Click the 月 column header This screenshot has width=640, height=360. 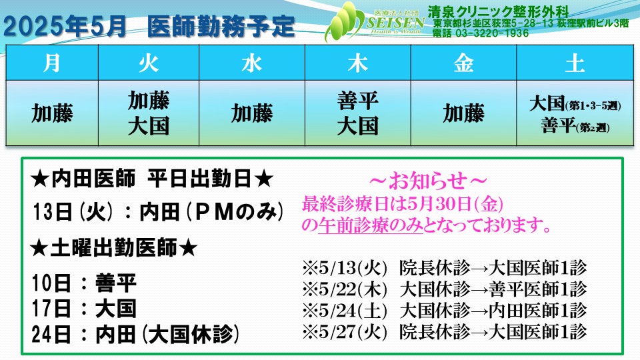click(x=52, y=63)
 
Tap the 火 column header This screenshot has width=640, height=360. click(x=149, y=63)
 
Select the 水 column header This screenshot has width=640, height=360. click(x=252, y=63)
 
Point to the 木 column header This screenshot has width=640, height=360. click(x=357, y=63)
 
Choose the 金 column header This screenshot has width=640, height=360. click(x=464, y=63)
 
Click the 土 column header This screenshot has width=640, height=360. click(x=575, y=63)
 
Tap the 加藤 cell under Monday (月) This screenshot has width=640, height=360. click(x=52, y=113)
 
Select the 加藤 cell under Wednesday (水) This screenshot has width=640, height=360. click(x=252, y=113)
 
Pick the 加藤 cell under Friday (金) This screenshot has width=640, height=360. click(x=464, y=113)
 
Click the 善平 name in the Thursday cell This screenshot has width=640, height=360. click(x=357, y=101)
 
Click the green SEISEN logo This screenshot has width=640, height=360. click(x=375, y=21)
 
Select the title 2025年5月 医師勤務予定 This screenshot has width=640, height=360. click(x=149, y=26)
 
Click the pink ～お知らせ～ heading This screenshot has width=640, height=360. click(x=428, y=181)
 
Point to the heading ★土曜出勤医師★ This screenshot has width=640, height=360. click(x=114, y=248)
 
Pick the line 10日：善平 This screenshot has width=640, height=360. click(x=84, y=283)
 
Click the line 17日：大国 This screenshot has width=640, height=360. click(x=84, y=309)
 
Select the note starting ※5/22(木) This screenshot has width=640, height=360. click(x=445, y=289)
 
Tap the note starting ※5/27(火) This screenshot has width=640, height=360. click(x=445, y=331)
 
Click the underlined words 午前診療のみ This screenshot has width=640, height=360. click(x=371, y=225)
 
